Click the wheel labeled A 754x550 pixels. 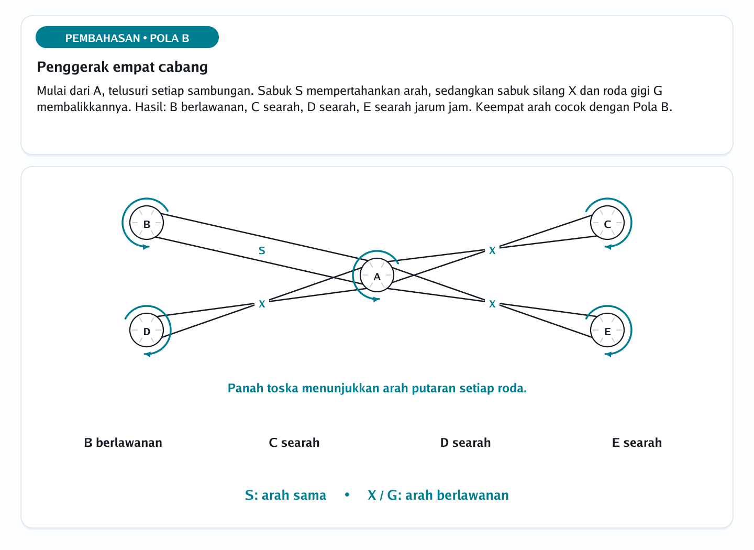click(x=376, y=275)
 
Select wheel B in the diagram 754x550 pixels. click(x=147, y=223)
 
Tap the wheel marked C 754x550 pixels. click(x=607, y=223)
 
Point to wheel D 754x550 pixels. click(x=147, y=330)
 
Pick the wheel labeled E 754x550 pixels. click(x=607, y=330)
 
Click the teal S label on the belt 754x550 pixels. click(x=262, y=250)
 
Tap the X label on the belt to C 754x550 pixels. click(x=492, y=250)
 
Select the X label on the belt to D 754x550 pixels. click(x=262, y=304)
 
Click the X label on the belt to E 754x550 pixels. click(x=492, y=304)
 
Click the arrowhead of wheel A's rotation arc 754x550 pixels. click(x=376, y=299)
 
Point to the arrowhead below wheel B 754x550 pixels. click(x=146, y=247)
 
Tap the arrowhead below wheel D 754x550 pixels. click(x=147, y=354)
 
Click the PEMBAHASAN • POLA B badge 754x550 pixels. click(x=127, y=37)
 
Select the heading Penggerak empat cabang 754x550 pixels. click(x=122, y=67)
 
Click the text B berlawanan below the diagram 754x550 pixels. click(x=123, y=443)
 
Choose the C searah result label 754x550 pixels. click(x=294, y=443)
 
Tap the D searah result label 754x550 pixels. click(x=465, y=443)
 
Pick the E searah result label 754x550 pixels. click(x=637, y=443)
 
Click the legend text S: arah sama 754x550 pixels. click(x=285, y=495)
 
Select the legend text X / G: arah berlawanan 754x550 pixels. click(x=438, y=495)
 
